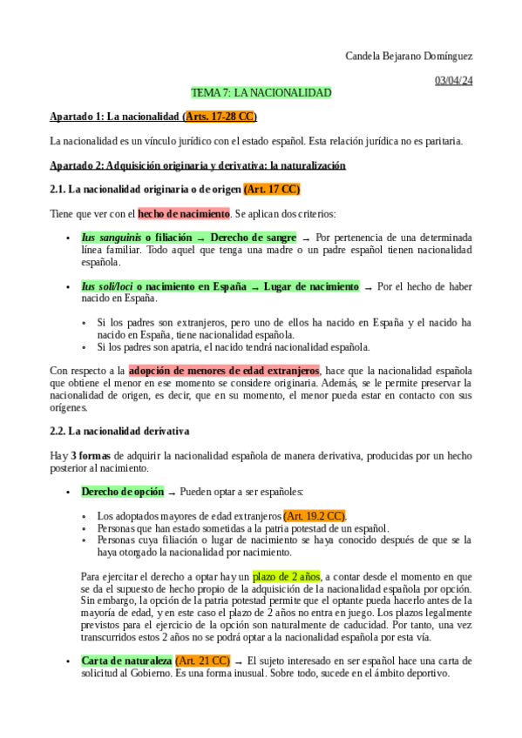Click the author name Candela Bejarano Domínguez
click(409, 57)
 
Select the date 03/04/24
click(453, 81)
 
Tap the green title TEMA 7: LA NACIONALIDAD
click(261, 92)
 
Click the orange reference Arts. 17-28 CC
click(220, 117)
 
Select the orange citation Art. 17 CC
click(272, 189)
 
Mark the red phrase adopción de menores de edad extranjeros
click(224, 371)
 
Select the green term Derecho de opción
click(122, 492)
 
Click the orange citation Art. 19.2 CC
click(315, 516)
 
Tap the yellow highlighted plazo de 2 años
click(287, 576)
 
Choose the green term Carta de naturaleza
click(126, 661)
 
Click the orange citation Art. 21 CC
click(203, 661)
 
